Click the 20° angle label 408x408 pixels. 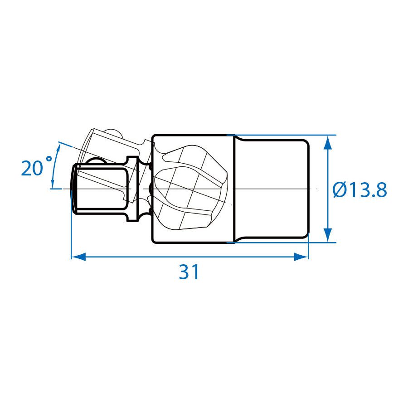tap(36, 166)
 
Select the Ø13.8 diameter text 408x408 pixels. tap(360, 189)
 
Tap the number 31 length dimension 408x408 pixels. tap(189, 272)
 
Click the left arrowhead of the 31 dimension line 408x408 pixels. tap(78, 257)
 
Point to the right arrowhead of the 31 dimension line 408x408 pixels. tap(301, 257)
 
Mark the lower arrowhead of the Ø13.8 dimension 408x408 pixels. tap(328, 235)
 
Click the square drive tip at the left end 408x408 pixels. tap(100, 189)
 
